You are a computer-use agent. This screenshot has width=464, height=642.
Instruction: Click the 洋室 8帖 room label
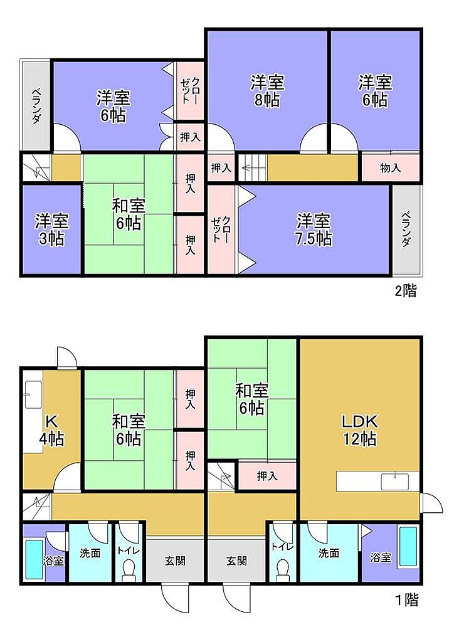(267, 91)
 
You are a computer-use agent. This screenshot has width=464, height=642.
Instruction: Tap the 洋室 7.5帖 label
(314, 229)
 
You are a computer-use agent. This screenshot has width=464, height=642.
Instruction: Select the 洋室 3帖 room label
(51, 229)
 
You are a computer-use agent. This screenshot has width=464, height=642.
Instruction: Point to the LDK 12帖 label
(360, 430)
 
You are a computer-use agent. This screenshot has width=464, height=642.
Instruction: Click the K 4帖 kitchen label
(51, 430)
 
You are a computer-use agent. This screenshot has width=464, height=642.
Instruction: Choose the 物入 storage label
(390, 167)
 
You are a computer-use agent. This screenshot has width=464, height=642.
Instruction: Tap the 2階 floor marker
(406, 291)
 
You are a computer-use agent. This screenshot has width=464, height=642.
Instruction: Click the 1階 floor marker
(407, 600)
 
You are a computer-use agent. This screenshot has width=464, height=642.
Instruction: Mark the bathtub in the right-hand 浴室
(408, 546)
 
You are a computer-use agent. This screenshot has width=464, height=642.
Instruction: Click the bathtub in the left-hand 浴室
(34, 559)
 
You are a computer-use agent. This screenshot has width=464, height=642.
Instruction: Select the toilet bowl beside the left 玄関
(129, 570)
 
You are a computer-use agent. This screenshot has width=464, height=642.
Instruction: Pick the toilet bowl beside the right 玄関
(283, 570)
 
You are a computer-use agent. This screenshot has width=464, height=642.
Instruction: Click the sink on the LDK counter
(395, 481)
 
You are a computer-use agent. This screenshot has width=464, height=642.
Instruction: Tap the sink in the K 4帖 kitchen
(34, 395)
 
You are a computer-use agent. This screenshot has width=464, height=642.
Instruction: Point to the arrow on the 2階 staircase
(250, 167)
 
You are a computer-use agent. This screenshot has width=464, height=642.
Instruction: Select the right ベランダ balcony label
(406, 229)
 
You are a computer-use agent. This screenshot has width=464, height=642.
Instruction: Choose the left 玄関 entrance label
(176, 560)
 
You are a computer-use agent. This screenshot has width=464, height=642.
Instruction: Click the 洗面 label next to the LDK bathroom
(329, 553)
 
